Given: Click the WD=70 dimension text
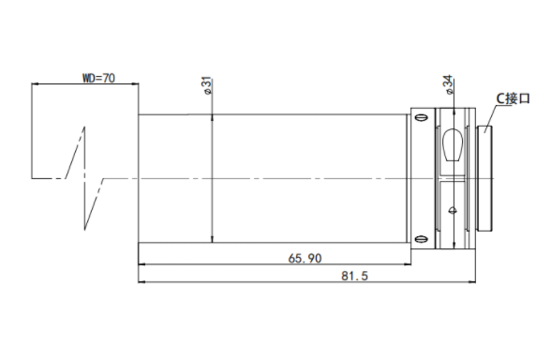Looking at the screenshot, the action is [x=98, y=78].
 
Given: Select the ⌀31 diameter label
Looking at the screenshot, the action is [x=207, y=85].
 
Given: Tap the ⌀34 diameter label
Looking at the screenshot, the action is [x=449, y=84].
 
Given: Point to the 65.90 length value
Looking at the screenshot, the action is [x=305, y=259].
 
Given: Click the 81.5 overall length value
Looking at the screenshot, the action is [x=354, y=276].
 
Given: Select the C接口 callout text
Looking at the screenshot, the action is [x=513, y=98].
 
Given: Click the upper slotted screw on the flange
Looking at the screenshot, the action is [x=421, y=117].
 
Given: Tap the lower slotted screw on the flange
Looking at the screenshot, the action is [x=421, y=239].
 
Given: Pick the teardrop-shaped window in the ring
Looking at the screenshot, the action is [x=453, y=145].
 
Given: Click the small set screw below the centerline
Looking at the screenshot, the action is [x=453, y=211].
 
